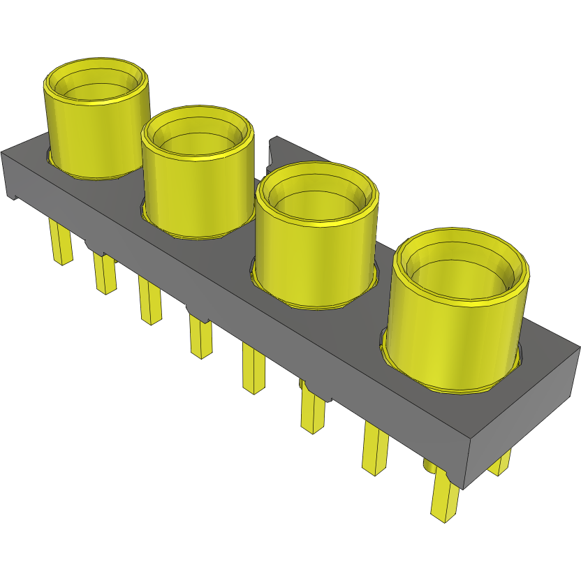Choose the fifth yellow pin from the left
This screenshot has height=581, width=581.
[253, 370]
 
